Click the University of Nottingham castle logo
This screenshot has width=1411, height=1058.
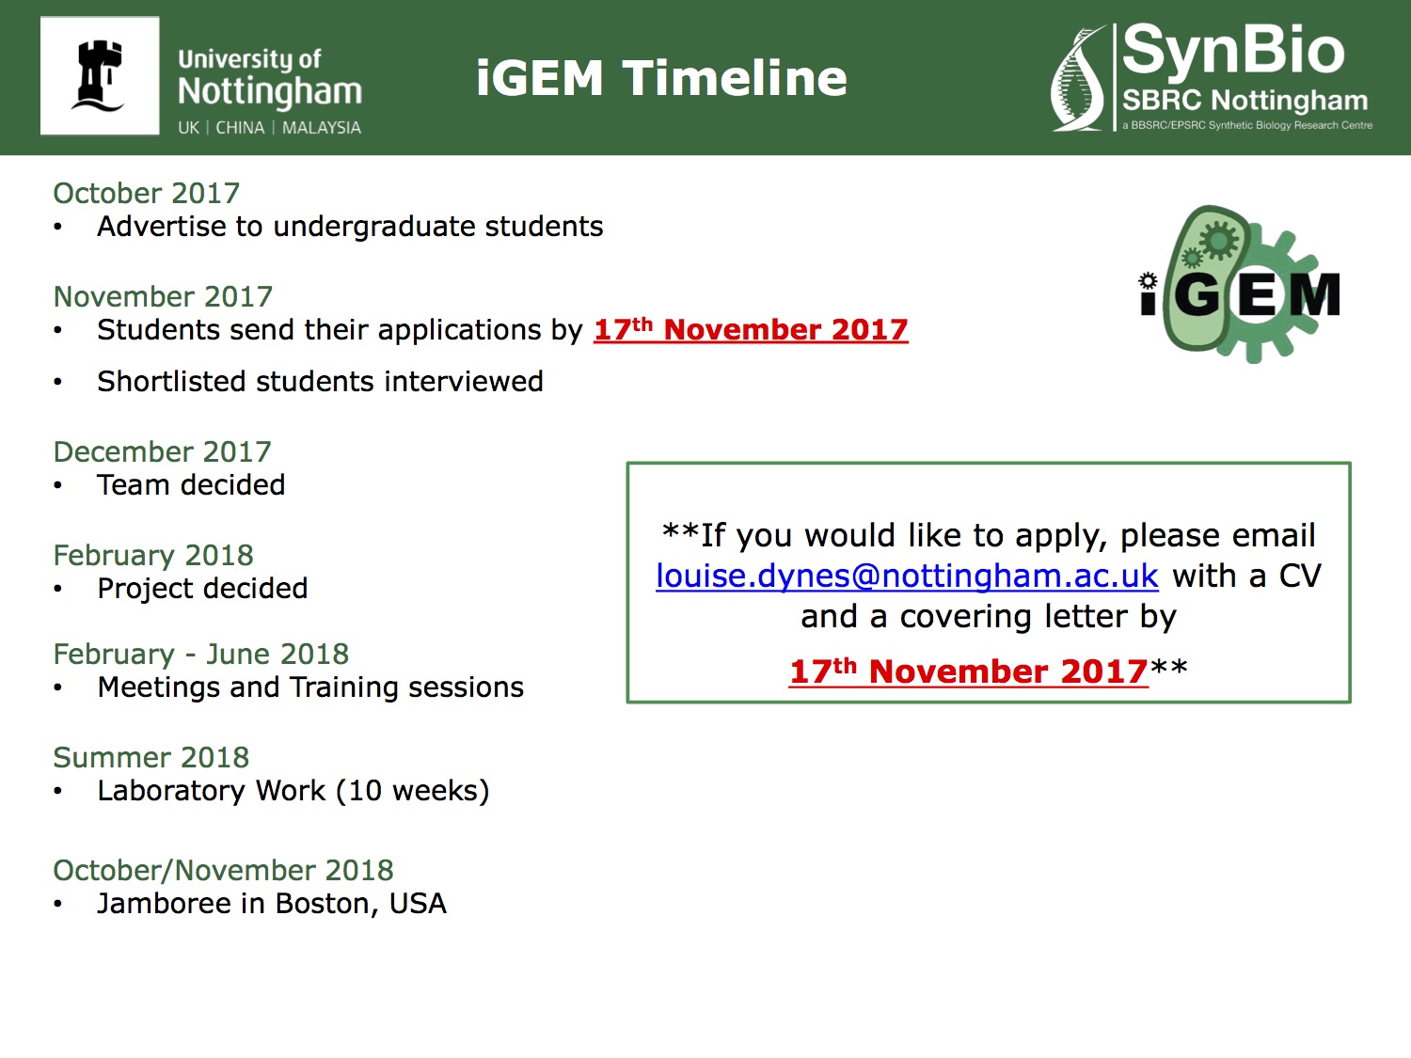tap(100, 76)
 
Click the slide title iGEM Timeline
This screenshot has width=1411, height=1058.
tap(661, 78)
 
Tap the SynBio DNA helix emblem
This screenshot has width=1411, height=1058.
tap(1079, 78)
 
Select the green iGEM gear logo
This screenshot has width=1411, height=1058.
tap(1240, 284)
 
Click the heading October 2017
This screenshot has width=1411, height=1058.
tap(147, 193)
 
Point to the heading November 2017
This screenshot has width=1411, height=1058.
tap(164, 296)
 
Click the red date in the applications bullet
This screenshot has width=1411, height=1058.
tap(751, 329)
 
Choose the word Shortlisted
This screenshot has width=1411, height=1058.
tap(171, 381)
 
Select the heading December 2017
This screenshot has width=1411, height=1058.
tap(163, 451)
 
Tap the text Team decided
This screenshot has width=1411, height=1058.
tap(191, 484)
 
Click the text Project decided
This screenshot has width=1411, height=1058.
tap(202, 589)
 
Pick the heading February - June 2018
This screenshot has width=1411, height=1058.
tap(201, 654)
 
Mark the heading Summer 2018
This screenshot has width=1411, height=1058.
tap(151, 757)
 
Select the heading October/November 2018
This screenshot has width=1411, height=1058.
tap(223, 871)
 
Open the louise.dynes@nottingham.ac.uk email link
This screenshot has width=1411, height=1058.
tap(907, 576)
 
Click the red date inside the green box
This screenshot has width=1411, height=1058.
tap(969, 671)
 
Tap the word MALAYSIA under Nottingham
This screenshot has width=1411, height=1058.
tap(322, 128)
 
